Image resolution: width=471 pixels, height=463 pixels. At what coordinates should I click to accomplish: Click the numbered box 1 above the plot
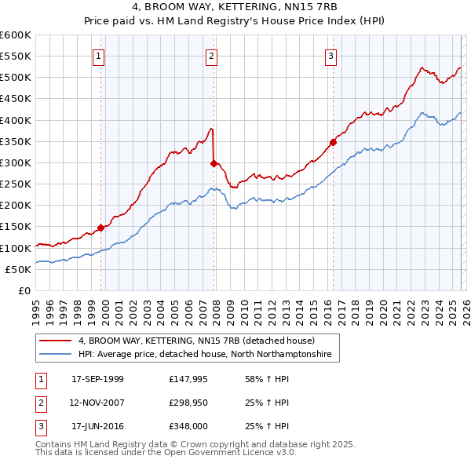tap(99, 56)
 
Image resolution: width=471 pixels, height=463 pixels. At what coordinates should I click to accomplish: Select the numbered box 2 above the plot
tap(212, 56)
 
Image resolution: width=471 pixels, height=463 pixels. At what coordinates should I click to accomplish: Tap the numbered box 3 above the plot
tap(331, 56)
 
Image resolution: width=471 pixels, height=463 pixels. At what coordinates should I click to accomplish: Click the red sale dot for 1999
tap(100, 228)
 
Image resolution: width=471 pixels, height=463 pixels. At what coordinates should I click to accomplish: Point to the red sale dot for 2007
tap(214, 163)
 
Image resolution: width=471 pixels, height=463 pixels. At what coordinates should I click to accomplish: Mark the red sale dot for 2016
tap(333, 142)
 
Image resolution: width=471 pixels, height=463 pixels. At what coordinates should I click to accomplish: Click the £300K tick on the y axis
tap(16, 162)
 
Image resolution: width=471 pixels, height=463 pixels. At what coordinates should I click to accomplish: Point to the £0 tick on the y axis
tap(24, 290)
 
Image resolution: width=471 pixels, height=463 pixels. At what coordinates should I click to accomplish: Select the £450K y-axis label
tap(16, 99)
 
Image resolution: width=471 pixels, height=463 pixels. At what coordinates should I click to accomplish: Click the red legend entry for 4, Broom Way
tap(196, 341)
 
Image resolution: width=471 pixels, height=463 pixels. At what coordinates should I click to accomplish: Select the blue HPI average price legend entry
tap(205, 355)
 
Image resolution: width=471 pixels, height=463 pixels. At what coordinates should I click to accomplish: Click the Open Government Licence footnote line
tap(166, 454)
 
